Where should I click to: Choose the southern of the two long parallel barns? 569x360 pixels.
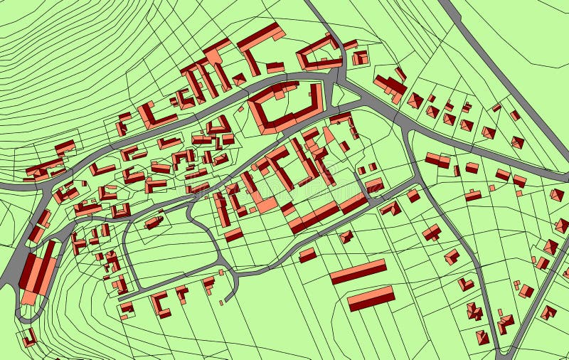(371, 298)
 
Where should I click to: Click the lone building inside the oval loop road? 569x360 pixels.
(154, 223)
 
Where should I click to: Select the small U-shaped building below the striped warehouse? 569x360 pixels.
(28, 338)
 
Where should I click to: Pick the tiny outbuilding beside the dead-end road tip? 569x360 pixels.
(221, 303)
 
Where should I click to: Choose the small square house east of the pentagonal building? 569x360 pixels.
(361, 58)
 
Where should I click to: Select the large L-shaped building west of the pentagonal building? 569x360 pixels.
(260, 43)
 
